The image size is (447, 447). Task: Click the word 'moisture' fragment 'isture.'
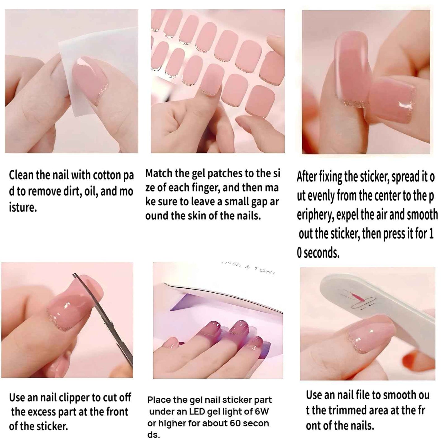click(23, 208)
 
